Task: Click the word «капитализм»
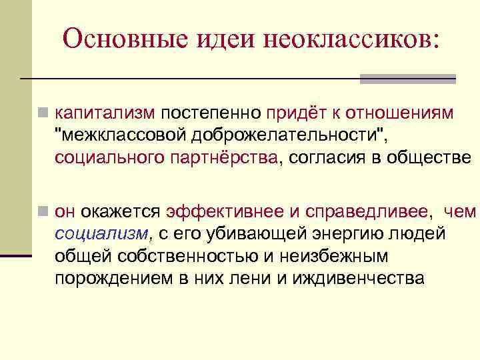(105, 113)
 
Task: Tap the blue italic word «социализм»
(102, 234)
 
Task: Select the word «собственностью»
(181, 256)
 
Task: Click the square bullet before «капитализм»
(43, 114)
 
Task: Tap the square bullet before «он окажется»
(43, 213)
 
